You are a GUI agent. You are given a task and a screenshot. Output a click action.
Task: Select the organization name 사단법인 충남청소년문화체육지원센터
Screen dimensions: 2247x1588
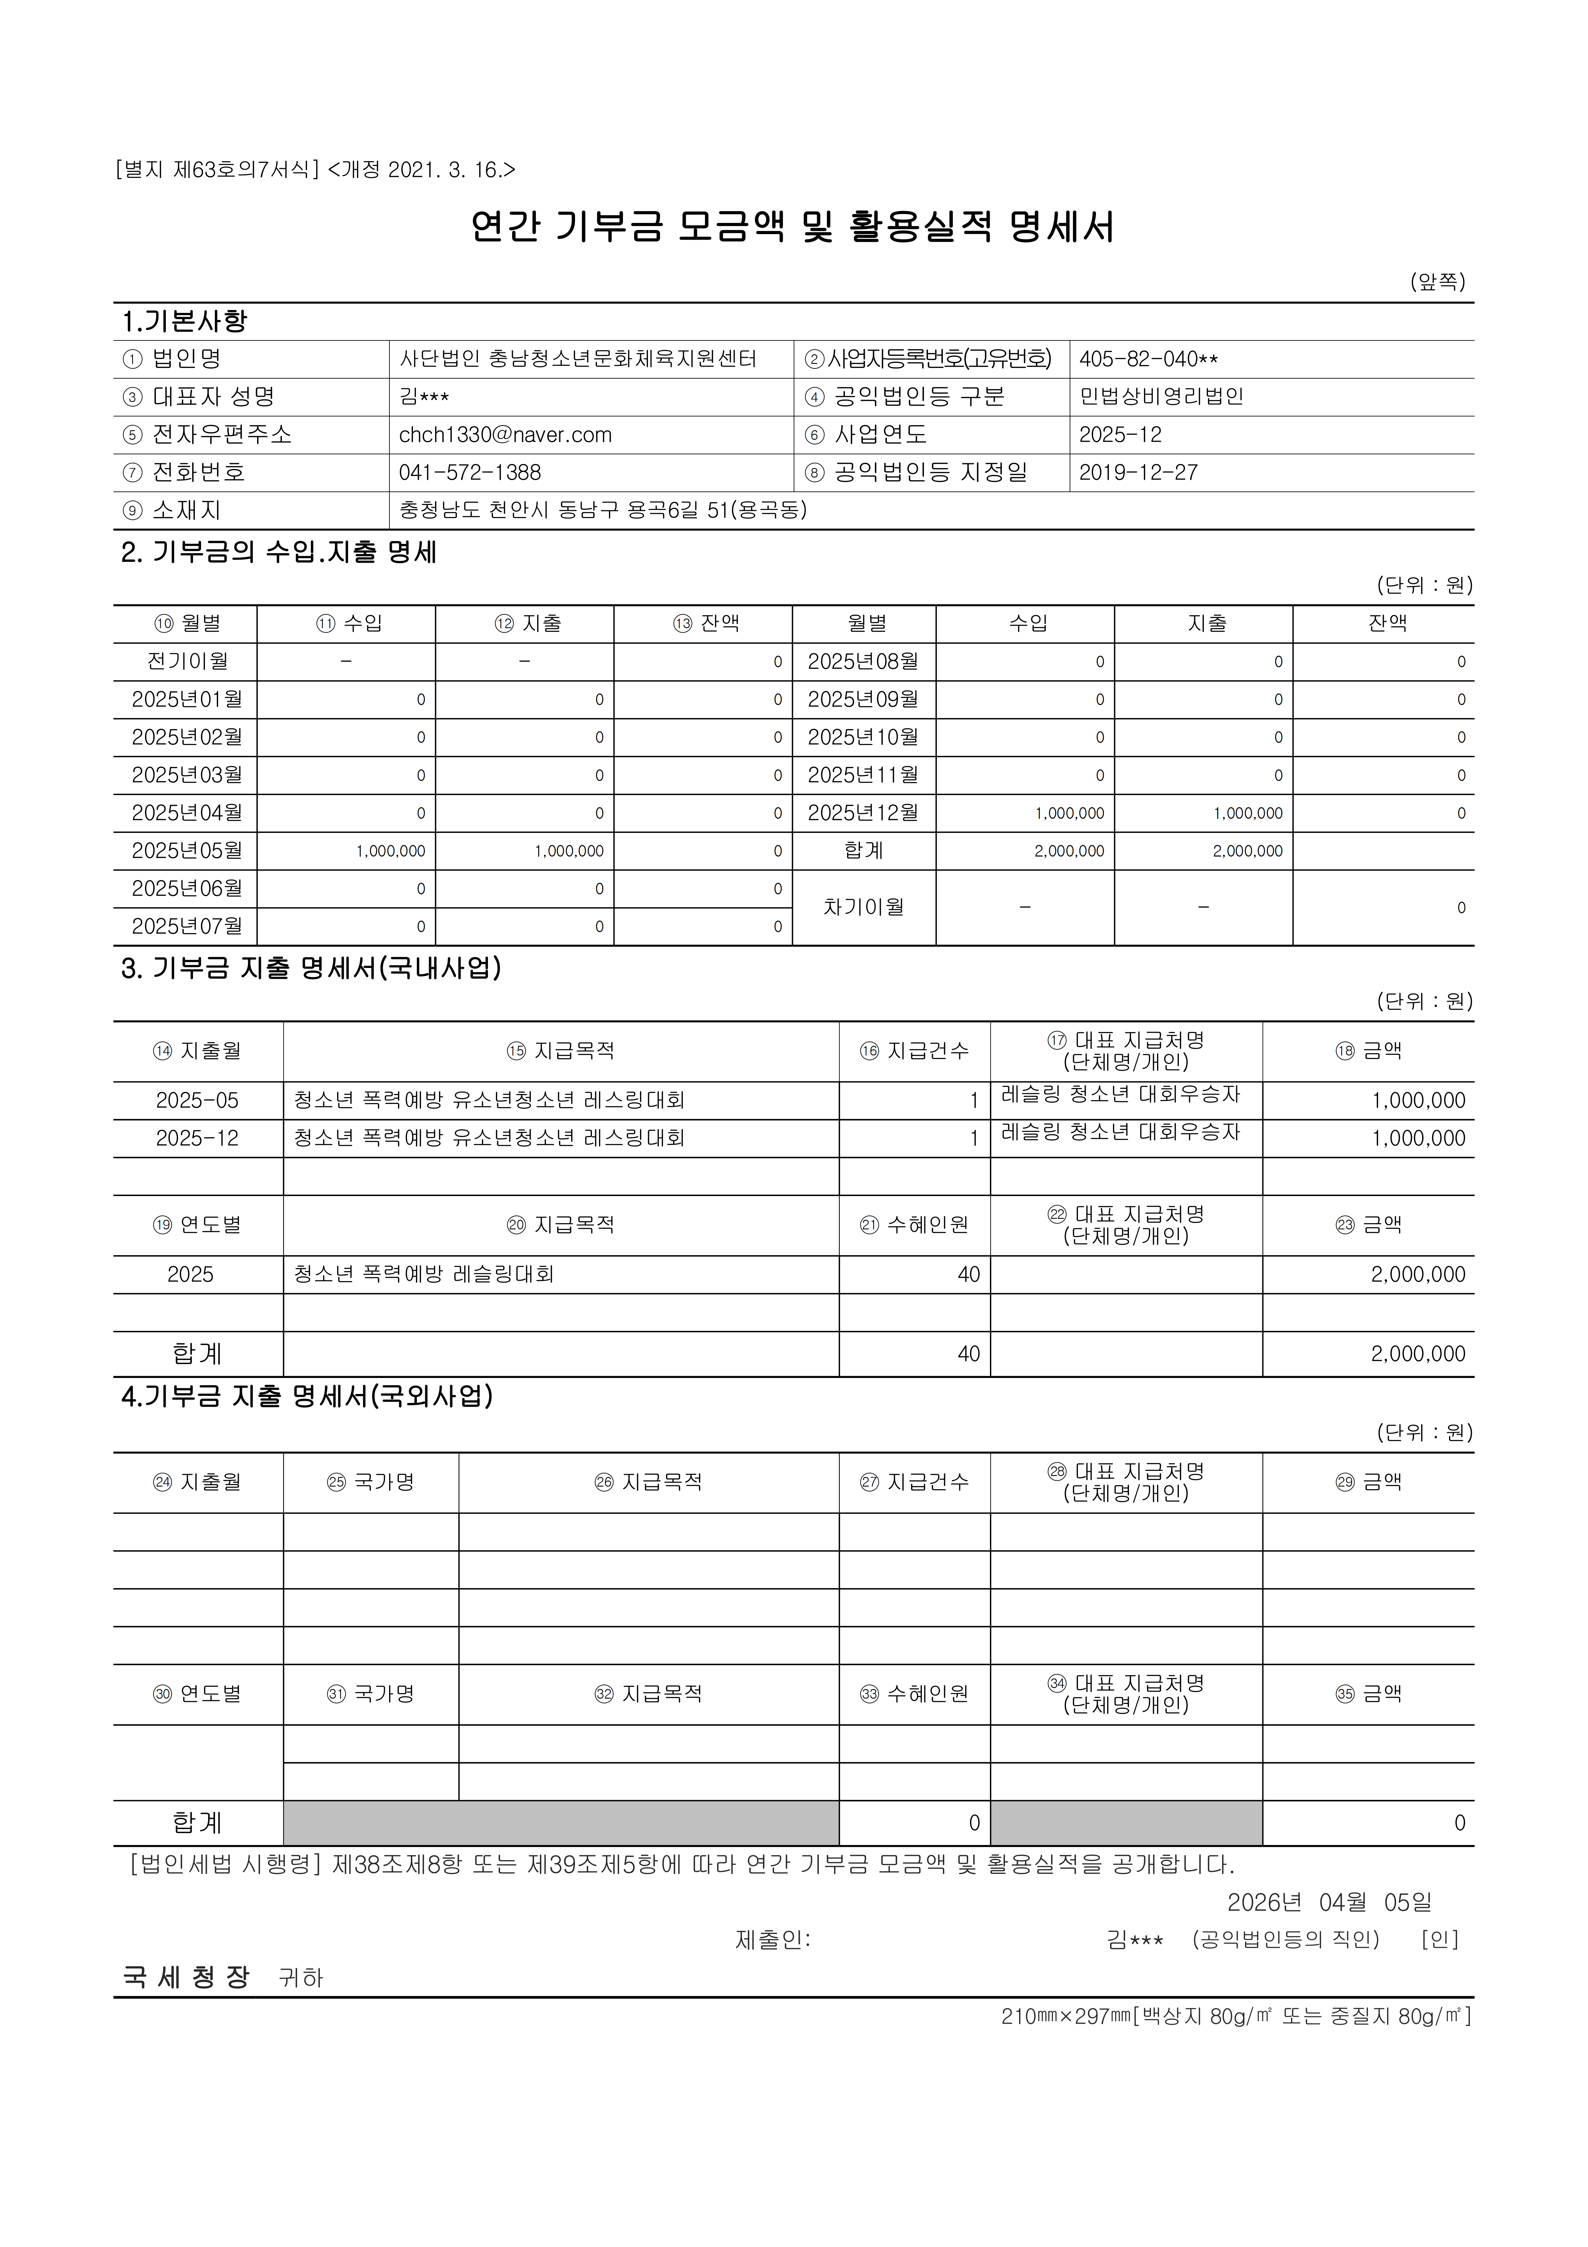[x=577, y=359]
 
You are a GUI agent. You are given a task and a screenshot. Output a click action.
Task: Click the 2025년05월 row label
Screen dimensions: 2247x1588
[x=186, y=850]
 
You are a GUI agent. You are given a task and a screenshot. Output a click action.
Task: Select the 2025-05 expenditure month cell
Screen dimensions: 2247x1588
[x=198, y=1100]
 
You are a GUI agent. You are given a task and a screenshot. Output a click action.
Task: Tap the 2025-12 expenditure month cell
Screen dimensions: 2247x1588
[x=198, y=1138]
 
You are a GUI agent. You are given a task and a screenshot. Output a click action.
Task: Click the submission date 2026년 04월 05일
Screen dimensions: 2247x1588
[x=1329, y=1903]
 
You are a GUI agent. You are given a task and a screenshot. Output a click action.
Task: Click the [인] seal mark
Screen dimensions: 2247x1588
[x=1439, y=1940]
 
